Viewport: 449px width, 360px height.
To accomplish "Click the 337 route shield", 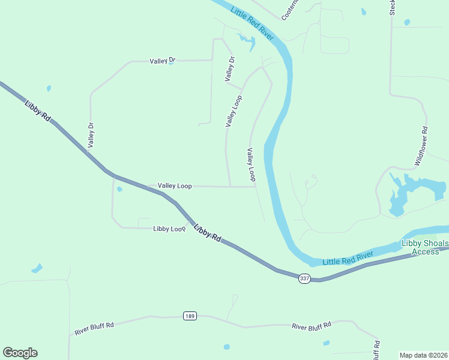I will click(x=305, y=278).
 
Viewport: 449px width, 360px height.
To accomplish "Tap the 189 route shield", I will click(x=190, y=316).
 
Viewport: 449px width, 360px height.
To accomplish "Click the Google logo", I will click(x=20, y=353).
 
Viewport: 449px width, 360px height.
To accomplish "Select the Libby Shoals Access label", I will click(x=424, y=247).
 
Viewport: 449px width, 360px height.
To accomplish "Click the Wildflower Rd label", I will click(x=421, y=146).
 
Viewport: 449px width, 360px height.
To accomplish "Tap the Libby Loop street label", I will click(x=169, y=229).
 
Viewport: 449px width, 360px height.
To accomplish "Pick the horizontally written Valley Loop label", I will click(x=175, y=186).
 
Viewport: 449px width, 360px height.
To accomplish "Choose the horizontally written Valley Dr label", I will click(x=162, y=61).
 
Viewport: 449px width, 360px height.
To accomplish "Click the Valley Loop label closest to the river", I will click(x=251, y=165).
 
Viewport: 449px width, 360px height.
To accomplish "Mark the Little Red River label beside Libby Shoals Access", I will click(x=348, y=259).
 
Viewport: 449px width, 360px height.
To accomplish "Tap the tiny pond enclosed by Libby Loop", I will click(x=119, y=190).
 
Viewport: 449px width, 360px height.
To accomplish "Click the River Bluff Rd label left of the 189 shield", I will click(x=94, y=329).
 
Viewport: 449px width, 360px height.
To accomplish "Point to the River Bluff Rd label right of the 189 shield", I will click(x=312, y=326).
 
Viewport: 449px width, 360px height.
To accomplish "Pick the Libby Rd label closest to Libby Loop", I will click(x=207, y=232).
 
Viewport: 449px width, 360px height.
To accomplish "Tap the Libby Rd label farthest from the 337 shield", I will click(x=38, y=111).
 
